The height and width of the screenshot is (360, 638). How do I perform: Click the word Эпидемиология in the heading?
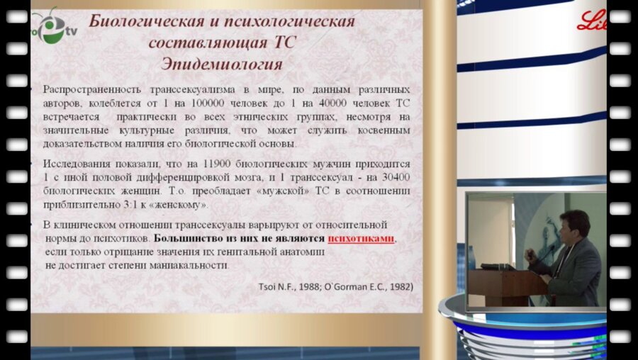pos(222,63)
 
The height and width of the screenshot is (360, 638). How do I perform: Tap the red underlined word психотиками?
pos(360,239)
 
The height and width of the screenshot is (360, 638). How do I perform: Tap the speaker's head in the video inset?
pos(574,225)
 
